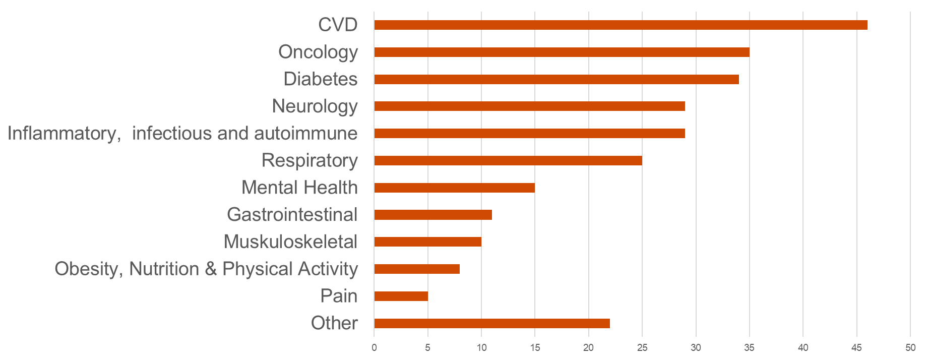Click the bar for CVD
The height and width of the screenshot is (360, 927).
coord(621,25)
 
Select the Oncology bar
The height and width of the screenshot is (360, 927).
coord(562,52)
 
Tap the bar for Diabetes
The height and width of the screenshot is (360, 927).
coord(557,79)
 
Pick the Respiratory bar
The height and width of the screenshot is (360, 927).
coord(508,160)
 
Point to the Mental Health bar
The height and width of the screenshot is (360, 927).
coord(454,188)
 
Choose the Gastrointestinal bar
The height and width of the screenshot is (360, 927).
coord(433,215)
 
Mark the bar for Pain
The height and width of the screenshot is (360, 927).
coord(401,296)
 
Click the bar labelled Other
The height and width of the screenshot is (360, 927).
coord(492,323)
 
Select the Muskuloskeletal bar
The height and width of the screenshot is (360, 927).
coord(427,242)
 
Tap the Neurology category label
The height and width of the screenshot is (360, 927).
coord(315,106)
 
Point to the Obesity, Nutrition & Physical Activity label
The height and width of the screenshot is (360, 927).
coord(206,269)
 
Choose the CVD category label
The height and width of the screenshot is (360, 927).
coord(338,25)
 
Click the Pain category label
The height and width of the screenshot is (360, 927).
coord(339,296)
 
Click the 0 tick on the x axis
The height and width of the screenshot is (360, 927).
coord(374,348)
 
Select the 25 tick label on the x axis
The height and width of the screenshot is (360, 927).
coord(642,348)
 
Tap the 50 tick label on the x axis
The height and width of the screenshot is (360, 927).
coord(910,348)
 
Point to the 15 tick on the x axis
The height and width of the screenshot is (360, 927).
coord(535,348)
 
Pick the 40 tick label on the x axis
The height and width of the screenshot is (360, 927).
coord(803,348)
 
